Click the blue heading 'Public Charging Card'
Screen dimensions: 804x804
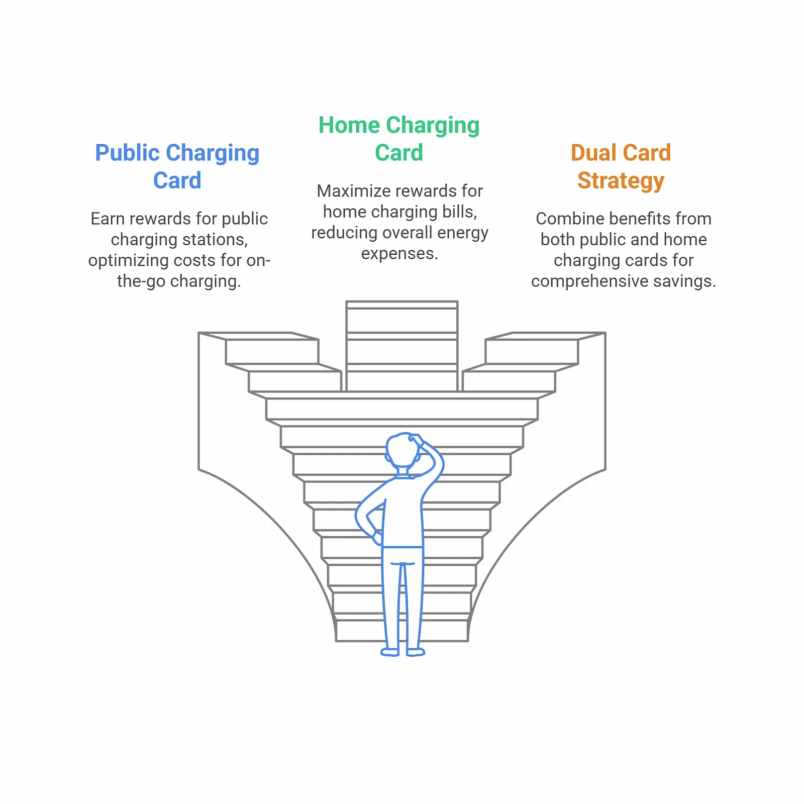(177, 166)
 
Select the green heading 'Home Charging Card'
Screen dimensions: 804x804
(399, 139)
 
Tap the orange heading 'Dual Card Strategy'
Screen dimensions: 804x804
(621, 166)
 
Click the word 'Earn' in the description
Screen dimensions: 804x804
(106, 219)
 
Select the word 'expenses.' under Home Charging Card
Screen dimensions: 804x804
(399, 254)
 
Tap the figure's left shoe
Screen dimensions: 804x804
(390, 652)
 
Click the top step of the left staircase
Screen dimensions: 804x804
(271, 351)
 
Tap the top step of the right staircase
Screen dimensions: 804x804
(532, 351)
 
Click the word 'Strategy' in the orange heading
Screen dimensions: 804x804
(621, 180)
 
